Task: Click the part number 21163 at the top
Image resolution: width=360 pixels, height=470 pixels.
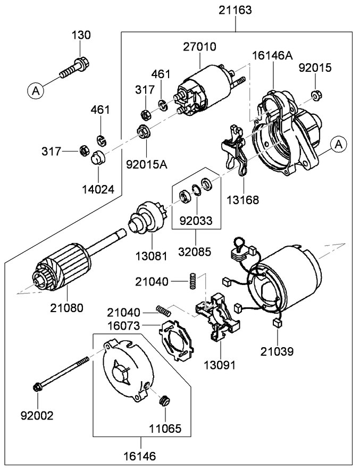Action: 235,10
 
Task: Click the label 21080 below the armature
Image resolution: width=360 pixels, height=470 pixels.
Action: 67,307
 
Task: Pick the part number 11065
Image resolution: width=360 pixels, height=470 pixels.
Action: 165,427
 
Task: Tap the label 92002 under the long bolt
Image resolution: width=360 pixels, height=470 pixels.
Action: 37,415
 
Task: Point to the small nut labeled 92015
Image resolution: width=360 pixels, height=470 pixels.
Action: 315,96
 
